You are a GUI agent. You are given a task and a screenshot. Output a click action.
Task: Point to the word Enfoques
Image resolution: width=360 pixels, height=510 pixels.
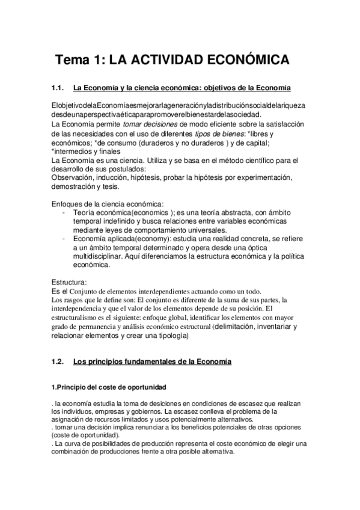tap(69, 204)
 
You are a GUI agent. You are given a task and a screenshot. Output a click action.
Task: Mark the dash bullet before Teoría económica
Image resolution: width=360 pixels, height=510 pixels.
tap(64, 213)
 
